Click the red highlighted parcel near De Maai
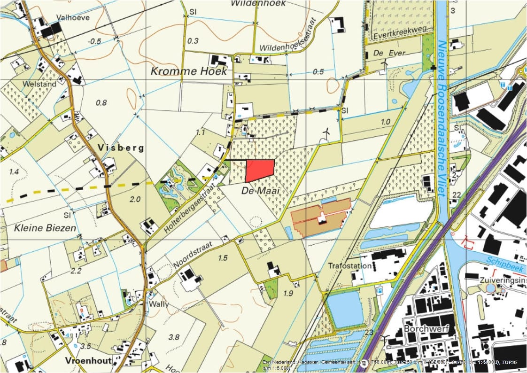(259, 170)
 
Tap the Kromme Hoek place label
(188, 71)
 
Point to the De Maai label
(261, 191)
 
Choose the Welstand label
(42, 84)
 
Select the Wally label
(158, 304)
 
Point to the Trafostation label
(350, 266)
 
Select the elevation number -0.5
(94, 41)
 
